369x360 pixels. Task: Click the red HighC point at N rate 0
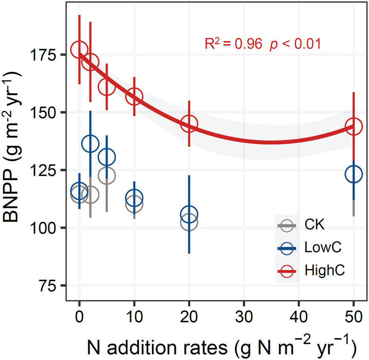79,50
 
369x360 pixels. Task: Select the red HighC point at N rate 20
189,124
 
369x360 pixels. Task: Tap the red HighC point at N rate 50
354,126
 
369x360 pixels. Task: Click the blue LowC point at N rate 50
354,174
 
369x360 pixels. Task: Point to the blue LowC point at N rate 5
107,157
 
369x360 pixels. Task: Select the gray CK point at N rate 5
107,175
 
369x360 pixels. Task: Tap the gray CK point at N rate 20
189,222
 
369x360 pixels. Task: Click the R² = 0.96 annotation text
232,44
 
